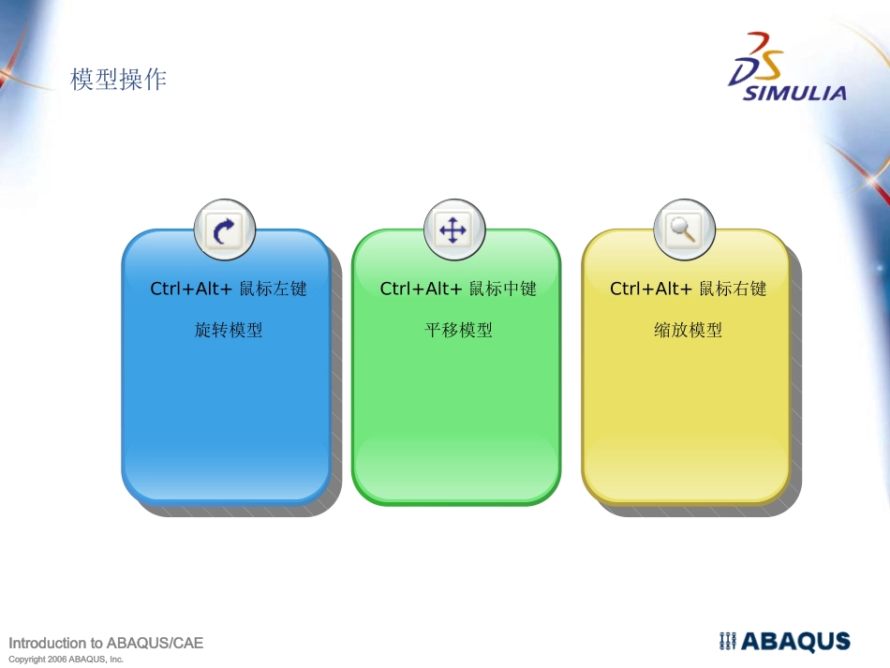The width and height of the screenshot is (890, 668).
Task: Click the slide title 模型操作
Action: (118, 80)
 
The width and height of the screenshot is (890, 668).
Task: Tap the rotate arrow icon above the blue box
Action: (225, 230)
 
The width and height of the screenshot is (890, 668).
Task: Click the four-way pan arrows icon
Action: (453, 230)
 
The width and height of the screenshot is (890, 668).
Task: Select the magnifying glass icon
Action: (684, 230)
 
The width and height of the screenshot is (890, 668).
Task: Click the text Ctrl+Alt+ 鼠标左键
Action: (229, 289)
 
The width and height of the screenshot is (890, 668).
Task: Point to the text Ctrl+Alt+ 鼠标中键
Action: (458, 289)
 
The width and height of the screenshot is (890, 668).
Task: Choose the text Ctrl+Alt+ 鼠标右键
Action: (688, 289)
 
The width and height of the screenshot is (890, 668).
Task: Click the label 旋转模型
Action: (229, 330)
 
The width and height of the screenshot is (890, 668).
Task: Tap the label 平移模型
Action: (458, 330)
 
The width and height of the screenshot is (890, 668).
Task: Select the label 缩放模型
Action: (688, 330)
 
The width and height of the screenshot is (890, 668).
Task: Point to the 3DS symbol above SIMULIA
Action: (757, 58)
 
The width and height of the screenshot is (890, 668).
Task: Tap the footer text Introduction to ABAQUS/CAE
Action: (106, 643)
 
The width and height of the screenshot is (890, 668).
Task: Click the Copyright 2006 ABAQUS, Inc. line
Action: (66, 660)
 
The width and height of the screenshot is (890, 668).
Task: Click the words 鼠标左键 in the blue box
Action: (273, 289)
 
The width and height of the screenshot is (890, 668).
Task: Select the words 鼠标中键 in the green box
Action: (502, 289)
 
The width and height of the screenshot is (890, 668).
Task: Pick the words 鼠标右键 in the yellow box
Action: (733, 289)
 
